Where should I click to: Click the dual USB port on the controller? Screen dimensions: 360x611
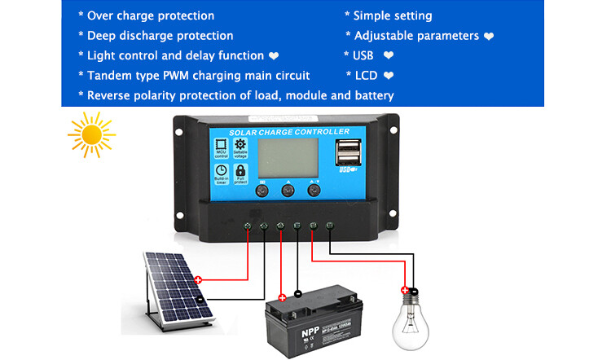tap(345, 154)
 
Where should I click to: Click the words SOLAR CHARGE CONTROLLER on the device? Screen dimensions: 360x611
tap(288, 132)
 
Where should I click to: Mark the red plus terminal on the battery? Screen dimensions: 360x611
tap(282, 297)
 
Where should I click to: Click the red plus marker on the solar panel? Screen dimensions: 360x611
tap(197, 280)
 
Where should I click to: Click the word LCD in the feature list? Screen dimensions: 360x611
tap(366, 76)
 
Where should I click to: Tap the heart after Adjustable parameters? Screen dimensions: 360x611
tap(489, 37)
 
